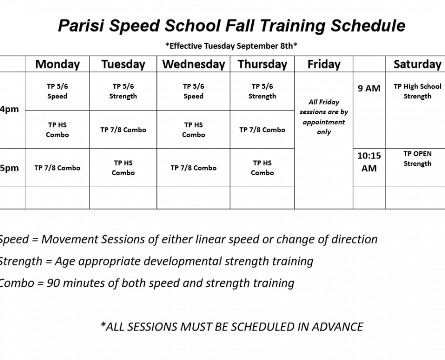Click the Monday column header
click(57, 64)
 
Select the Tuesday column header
click(123, 64)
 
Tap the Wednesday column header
click(194, 64)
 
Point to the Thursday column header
click(262, 64)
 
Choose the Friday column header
click(324, 64)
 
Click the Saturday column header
click(417, 64)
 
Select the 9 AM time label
click(369, 88)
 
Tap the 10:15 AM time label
click(369, 162)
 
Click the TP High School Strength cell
click(417, 91)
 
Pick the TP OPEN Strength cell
click(417, 158)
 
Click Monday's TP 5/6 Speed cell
click(57, 91)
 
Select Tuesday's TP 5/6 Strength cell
click(123, 91)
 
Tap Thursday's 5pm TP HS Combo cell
click(262, 168)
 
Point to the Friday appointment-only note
click(324, 117)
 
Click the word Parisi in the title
click(81, 26)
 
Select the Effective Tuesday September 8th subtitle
click(231, 46)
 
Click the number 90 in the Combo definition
click(53, 283)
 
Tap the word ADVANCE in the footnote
click(338, 327)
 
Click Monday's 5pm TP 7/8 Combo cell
click(57, 168)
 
